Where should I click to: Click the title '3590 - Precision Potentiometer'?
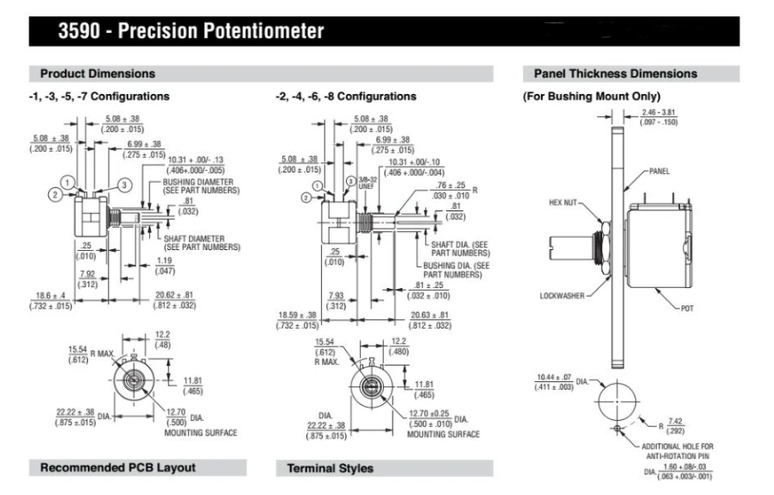pyautogui.click(x=191, y=30)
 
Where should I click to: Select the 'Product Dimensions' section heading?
pyautogui.click(x=98, y=73)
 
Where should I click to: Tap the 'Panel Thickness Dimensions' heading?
pyautogui.click(x=615, y=73)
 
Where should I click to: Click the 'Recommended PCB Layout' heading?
pyautogui.click(x=118, y=467)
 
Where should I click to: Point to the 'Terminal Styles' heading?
pyautogui.click(x=330, y=468)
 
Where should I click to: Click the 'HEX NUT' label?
pyautogui.click(x=563, y=203)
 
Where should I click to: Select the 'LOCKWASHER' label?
pyautogui.click(x=562, y=296)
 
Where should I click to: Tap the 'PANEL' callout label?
pyautogui.click(x=659, y=172)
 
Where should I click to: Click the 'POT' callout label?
pyautogui.click(x=687, y=309)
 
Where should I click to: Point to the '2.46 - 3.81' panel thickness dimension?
pyautogui.click(x=658, y=112)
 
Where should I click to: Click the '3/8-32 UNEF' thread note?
pyautogui.click(x=366, y=183)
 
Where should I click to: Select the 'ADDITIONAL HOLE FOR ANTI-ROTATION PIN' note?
pyautogui.click(x=677, y=451)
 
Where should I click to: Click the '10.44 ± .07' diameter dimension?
pyautogui.click(x=554, y=377)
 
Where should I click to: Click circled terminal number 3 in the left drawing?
pyautogui.click(x=124, y=185)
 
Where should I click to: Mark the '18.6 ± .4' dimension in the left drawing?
pyautogui.click(x=50, y=296)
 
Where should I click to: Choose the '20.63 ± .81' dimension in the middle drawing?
pyautogui.click(x=430, y=315)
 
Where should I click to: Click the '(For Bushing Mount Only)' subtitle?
pyautogui.click(x=591, y=97)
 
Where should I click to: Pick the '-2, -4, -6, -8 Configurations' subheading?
pyautogui.click(x=345, y=97)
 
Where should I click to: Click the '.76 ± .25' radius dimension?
pyautogui.click(x=450, y=185)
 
